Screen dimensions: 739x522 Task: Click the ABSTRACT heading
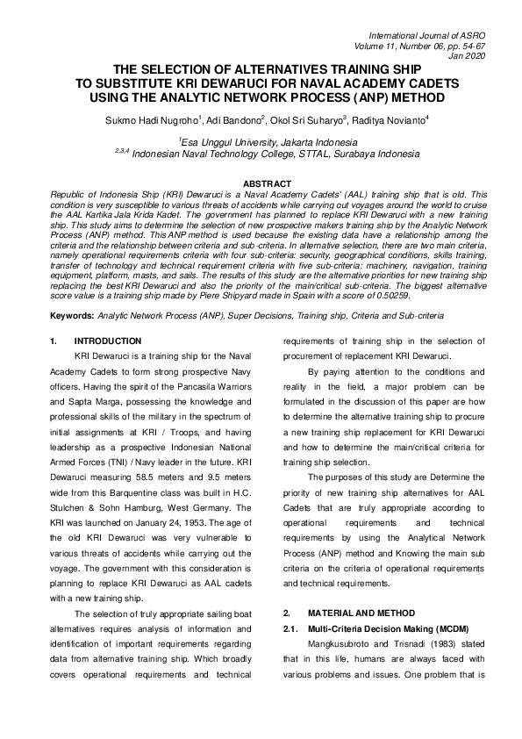point(261,183)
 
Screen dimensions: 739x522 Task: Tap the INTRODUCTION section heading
point(108,341)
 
